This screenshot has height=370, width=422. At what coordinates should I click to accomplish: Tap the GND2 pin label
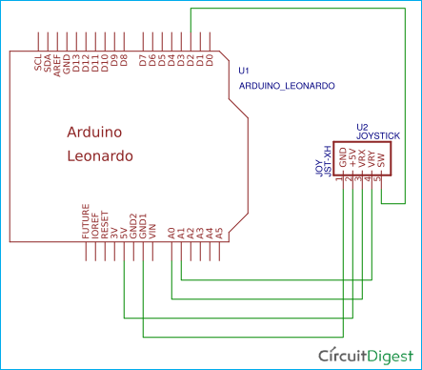(133, 224)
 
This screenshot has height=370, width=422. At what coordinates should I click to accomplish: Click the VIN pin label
(152, 229)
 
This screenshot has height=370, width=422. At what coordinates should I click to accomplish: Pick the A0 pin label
(172, 231)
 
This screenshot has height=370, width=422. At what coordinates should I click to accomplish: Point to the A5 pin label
(220, 231)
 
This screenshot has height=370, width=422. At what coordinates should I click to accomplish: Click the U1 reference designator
(245, 71)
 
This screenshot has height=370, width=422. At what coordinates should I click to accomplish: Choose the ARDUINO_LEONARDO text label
(286, 85)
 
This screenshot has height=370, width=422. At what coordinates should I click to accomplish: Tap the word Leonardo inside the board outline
(100, 154)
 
